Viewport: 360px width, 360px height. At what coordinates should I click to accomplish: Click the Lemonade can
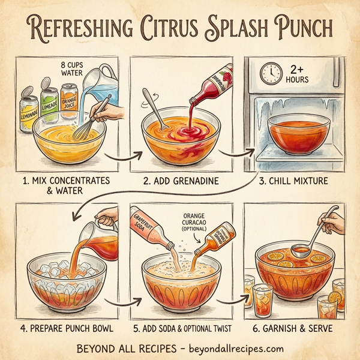click(28, 109)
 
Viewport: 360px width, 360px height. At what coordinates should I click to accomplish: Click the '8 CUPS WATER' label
click(75, 68)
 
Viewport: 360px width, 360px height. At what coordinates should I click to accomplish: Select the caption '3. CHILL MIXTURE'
click(298, 180)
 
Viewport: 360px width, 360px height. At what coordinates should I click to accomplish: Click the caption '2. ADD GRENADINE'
click(180, 180)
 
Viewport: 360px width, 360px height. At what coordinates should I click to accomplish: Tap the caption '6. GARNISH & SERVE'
click(298, 328)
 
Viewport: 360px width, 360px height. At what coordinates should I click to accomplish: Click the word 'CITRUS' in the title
click(180, 28)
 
